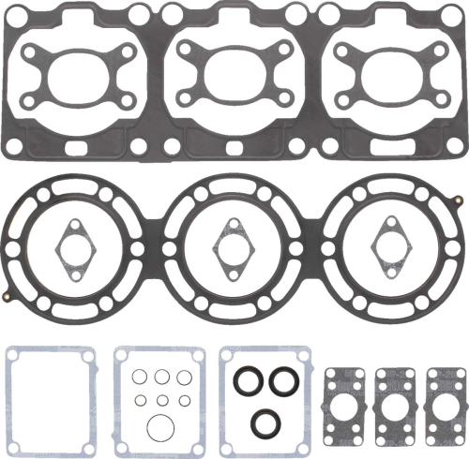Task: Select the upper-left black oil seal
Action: pos(249,381)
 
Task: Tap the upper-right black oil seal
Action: pos(283,381)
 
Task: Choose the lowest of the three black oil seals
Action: pos(265,422)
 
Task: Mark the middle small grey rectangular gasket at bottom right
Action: pos(394,402)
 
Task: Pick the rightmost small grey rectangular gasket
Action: pos(445,402)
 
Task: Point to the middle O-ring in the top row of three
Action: pos(161,377)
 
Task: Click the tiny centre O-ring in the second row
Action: pos(161,400)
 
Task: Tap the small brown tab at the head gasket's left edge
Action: pos(8,297)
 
